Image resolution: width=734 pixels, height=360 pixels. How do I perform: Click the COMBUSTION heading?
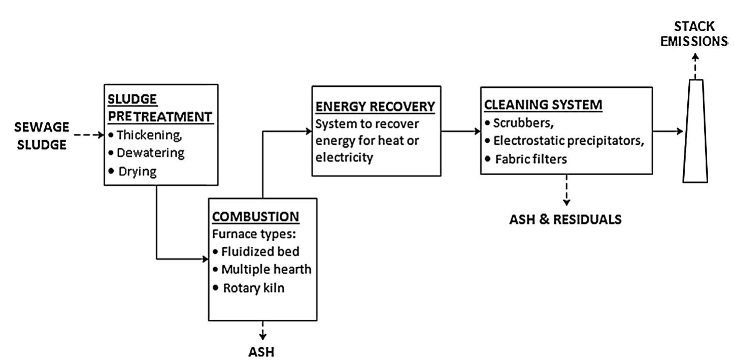(x=255, y=216)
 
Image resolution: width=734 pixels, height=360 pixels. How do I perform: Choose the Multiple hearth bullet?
(x=261, y=269)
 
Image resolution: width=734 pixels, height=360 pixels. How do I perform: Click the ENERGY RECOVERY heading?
(x=375, y=107)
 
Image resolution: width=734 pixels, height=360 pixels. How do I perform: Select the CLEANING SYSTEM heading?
(x=543, y=105)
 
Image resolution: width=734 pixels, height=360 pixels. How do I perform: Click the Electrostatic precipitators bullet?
(x=564, y=140)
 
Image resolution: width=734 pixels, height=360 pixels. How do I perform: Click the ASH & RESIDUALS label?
(x=565, y=219)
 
